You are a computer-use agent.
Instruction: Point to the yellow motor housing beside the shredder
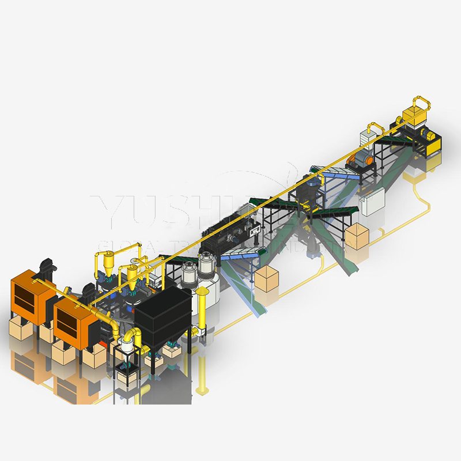[x=433, y=139]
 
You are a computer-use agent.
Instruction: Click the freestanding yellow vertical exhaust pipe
[x=202, y=317]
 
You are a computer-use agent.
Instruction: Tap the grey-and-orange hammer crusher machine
[x=360, y=160]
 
